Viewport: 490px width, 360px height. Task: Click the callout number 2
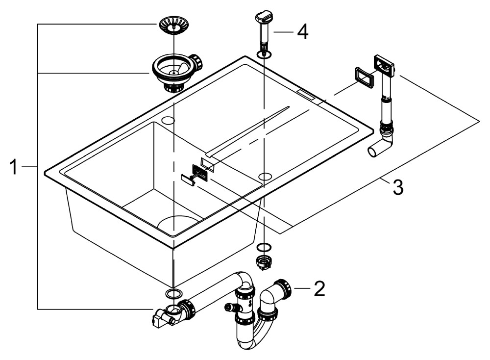pyautogui.click(x=319, y=289)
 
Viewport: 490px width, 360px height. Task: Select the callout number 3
pyautogui.click(x=397, y=187)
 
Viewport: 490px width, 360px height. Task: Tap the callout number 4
pyautogui.click(x=302, y=32)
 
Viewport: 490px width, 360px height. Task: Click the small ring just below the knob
pyautogui.click(x=264, y=53)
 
